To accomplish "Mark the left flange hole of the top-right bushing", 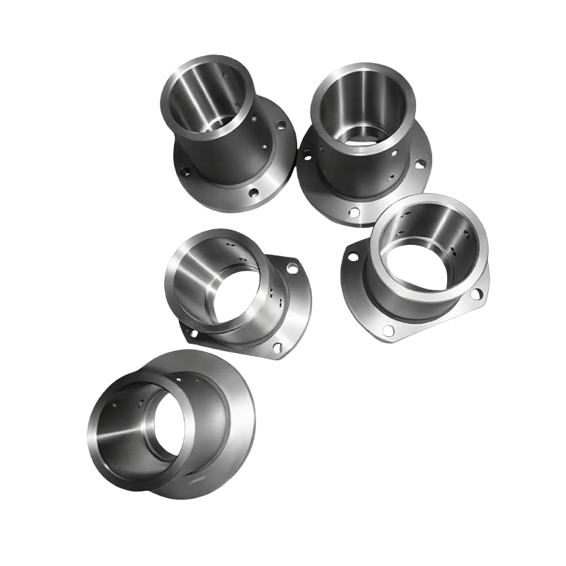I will coord(306,154).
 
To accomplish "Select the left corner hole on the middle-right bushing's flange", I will coord(353,256).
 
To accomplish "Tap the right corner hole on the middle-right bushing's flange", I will coord(475,292).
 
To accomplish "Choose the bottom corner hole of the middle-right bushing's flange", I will coord(388,330).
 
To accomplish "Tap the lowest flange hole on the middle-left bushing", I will coord(277,347).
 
